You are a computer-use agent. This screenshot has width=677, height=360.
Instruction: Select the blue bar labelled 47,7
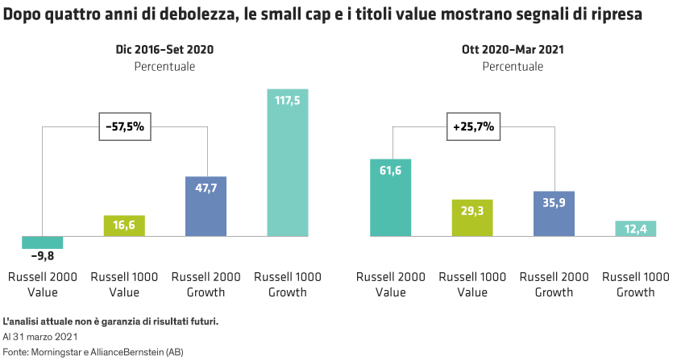(206, 207)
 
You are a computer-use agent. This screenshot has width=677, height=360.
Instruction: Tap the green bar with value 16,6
(124, 226)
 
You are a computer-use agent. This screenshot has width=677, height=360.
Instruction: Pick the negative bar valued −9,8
(43, 242)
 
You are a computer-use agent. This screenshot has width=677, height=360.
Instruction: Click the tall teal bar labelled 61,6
(391, 198)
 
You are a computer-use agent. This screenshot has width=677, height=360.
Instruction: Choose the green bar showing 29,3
(472, 217)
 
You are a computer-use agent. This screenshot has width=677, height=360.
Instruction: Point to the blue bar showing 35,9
(554, 213)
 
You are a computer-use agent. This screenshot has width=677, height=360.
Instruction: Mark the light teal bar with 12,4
(636, 229)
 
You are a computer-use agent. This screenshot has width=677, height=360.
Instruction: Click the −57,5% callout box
(125, 126)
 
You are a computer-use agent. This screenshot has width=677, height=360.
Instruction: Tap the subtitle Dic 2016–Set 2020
(164, 50)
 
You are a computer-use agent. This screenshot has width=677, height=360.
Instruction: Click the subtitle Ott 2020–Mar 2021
(513, 50)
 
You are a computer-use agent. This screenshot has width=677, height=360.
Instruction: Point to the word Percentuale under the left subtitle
(164, 66)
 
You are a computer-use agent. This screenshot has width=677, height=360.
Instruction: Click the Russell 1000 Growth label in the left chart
(288, 284)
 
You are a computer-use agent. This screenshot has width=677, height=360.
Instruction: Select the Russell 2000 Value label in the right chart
(391, 284)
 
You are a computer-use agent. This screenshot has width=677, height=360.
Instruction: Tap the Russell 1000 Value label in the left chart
(124, 284)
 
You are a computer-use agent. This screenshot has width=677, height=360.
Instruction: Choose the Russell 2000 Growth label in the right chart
(554, 284)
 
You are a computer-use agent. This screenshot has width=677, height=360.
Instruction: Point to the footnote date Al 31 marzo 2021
(39, 337)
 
